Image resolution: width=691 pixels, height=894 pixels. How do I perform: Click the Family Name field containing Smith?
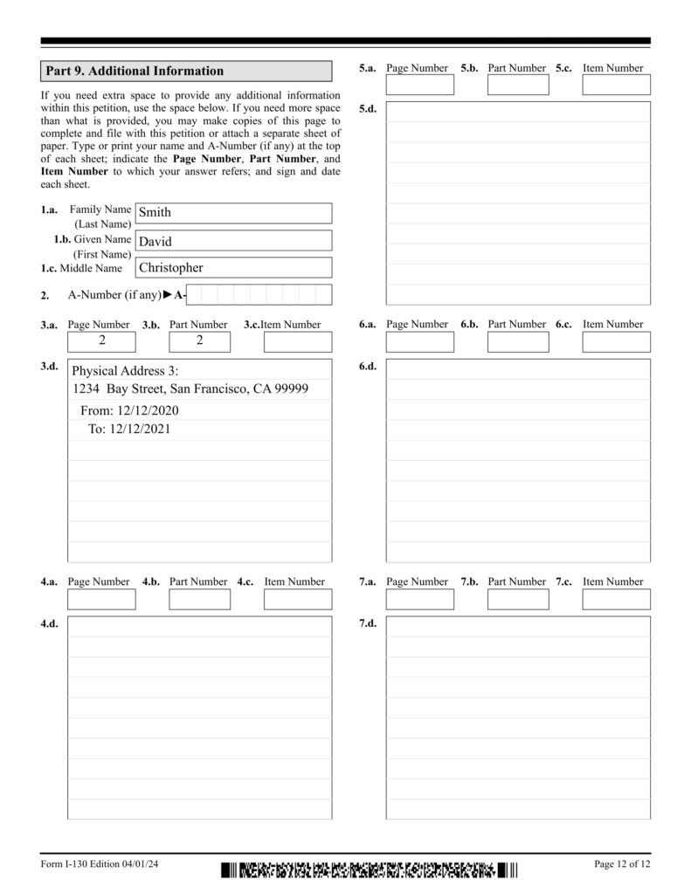pos(232,213)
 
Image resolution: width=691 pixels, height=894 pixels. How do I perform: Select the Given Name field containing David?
pos(232,240)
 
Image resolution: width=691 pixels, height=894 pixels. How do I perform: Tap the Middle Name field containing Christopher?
pos(232,267)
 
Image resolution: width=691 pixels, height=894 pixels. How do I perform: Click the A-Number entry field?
pos(259,294)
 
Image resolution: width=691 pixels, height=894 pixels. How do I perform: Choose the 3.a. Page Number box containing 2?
pos(101,341)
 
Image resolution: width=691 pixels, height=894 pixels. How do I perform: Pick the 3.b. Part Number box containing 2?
pos(199,341)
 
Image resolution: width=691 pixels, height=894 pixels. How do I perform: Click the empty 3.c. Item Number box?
pos(298,341)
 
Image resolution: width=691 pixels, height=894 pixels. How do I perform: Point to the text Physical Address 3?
pos(125,371)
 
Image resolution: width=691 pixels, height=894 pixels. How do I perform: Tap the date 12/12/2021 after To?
pos(142,429)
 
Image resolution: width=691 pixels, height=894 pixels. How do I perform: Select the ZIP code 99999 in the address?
pos(290,389)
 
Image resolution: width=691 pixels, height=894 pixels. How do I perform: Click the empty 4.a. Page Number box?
pos(101,599)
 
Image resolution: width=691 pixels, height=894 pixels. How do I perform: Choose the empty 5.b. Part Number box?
pos(518,85)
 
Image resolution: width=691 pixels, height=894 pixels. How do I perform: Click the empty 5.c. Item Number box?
pos(616,85)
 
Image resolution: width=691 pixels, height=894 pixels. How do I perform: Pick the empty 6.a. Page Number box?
pos(419,341)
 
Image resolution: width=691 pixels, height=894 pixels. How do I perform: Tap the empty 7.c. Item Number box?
pos(616,599)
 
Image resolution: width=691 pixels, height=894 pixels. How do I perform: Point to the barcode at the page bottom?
pos(370,870)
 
